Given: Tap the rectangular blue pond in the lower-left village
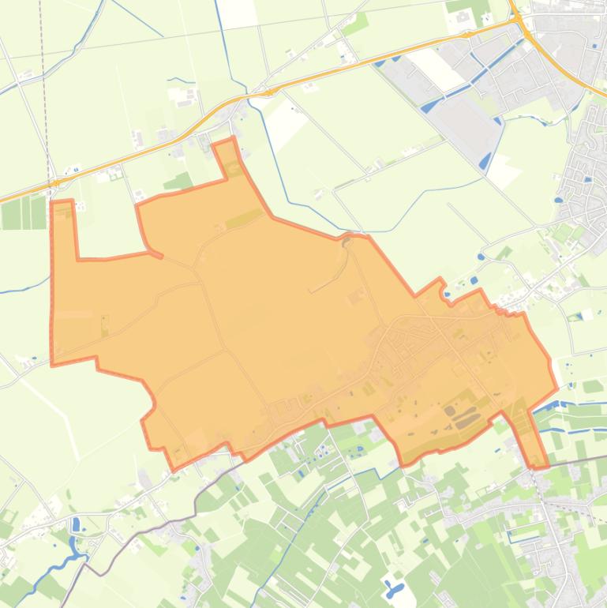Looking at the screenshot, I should point(76,524).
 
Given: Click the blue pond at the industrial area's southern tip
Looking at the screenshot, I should point(485,160).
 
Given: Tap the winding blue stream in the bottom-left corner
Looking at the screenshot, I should point(55,568).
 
